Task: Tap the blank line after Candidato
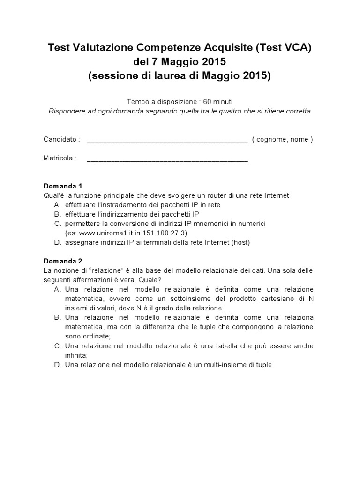167,140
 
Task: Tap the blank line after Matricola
167,159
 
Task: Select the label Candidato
62,139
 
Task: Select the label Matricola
60,158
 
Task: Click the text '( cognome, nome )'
283,139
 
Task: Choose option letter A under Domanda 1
57,205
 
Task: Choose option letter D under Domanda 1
57,242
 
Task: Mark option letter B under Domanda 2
57,317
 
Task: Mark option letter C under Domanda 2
57,345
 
